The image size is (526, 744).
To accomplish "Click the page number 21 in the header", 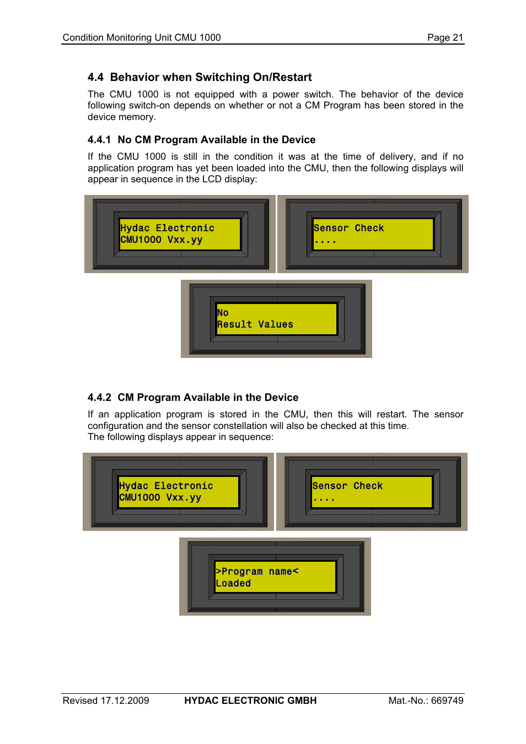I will (x=458, y=37).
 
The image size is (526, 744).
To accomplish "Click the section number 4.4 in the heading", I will (x=95, y=77).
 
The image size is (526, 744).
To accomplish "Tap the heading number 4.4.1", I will (x=99, y=140).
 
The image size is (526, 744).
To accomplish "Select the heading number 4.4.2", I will (x=99, y=398).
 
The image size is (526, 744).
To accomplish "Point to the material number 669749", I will (x=447, y=700).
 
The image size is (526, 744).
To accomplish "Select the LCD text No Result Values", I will (x=255, y=319).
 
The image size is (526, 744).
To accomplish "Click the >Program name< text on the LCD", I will (x=257, y=572).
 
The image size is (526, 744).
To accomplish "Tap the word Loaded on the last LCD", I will (x=233, y=583).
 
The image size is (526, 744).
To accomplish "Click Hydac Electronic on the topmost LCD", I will (x=167, y=228).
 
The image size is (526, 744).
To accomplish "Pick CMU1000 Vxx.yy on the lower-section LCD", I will (x=160, y=497).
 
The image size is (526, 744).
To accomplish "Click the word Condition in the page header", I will (x=83, y=37).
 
